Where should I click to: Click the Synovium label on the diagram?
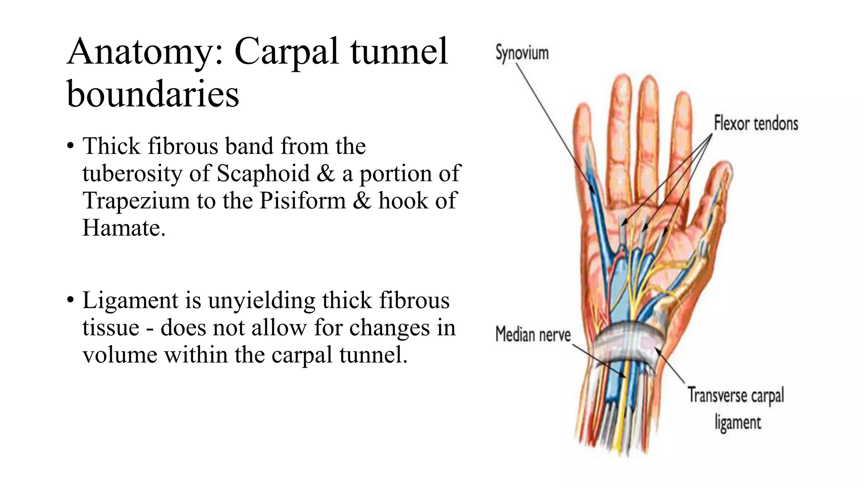[522, 53]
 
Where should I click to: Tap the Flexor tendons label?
[756, 124]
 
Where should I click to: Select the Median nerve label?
[533, 335]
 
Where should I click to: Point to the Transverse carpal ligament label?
[736, 408]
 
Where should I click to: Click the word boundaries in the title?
[153, 94]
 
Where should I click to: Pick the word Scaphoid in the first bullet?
[264, 173]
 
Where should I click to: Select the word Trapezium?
[136, 200]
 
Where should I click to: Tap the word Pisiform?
[302, 200]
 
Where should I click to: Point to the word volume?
[119, 355]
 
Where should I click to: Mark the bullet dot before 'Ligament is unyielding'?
[70, 301]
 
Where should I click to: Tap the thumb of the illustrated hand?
[717, 190]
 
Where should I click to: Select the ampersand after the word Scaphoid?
[326, 173]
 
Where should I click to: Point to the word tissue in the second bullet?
[111, 328]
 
